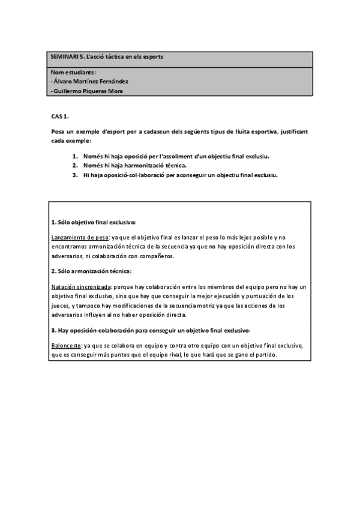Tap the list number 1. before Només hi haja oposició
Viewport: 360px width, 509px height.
75,156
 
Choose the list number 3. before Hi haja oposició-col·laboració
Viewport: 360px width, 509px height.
75,175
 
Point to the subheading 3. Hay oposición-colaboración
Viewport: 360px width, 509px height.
151,331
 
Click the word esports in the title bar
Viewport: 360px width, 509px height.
152,56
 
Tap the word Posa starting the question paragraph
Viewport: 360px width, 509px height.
59,131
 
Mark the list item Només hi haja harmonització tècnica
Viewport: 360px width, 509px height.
135,166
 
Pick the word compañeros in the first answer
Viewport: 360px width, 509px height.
146,256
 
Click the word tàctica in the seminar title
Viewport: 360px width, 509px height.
113,56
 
